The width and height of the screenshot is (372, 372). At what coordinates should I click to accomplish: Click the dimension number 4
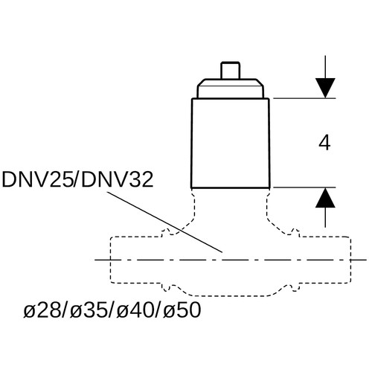point(324,144)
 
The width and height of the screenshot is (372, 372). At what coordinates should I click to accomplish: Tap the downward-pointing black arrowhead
point(325,88)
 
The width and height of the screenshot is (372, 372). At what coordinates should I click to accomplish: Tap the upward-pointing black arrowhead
point(325,198)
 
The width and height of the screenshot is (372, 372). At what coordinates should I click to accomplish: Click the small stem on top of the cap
point(231,71)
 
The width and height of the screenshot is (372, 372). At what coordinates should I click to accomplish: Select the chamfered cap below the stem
point(231,89)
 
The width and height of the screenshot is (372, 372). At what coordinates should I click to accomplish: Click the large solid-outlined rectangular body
point(230,143)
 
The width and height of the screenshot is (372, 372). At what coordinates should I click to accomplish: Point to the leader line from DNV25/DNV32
point(164,222)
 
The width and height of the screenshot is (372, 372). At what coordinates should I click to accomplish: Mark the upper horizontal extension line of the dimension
point(304,98)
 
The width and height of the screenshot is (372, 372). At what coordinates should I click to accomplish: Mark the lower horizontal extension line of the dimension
point(304,187)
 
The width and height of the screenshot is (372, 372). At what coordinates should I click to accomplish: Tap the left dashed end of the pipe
point(111,260)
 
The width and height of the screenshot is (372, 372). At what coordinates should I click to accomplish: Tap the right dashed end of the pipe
point(350,260)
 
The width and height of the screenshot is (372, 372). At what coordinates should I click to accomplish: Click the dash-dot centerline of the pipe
point(231,260)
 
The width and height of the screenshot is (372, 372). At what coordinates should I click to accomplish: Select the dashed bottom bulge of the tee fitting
point(231,295)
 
